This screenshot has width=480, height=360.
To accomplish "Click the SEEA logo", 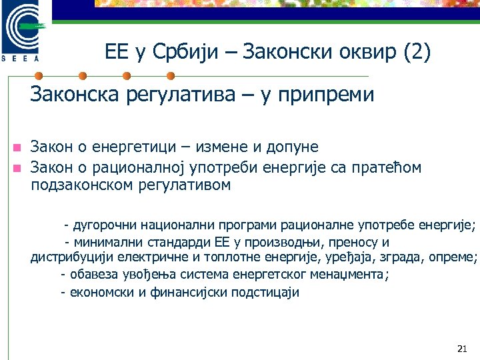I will pyautogui.click(x=25, y=30).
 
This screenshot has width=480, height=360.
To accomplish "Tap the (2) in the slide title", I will pyautogui.click(x=417, y=52).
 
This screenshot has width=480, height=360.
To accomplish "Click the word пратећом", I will pyautogui.click(x=387, y=167).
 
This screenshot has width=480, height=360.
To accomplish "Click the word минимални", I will pyautogui.click(x=104, y=242).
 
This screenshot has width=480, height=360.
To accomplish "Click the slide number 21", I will pyautogui.click(x=462, y=349).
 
